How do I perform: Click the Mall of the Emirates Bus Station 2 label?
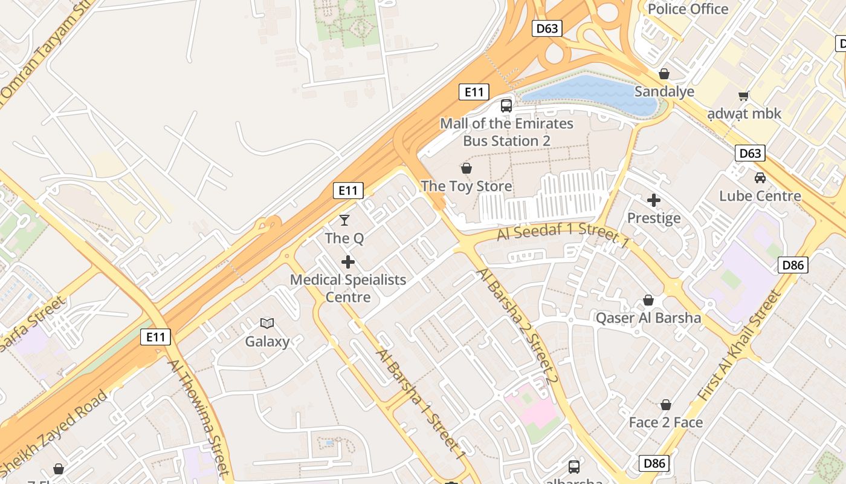[506, 132]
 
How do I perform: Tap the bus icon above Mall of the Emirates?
[506, 106]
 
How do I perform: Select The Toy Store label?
[466, 186]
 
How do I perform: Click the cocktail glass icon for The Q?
[344, 220]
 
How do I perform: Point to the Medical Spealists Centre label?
[348, 289]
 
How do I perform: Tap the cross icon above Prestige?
[654, 200]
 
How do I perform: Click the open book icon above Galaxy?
[267, 324]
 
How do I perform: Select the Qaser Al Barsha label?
[648, 318]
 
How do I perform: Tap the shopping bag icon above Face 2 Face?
[666, 405]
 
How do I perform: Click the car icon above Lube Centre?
[760, 178]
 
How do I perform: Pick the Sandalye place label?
[664, 92]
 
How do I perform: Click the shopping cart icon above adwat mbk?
[744, 96]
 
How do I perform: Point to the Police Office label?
[688, 9]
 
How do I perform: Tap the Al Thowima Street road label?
[199, 417]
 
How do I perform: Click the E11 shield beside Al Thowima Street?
[155, 337]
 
